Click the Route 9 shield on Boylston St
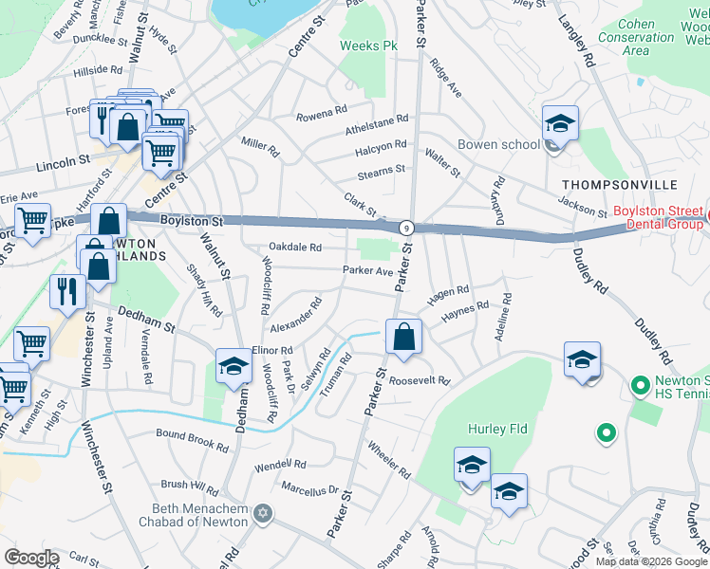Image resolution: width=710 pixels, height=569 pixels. [x=406, y=228]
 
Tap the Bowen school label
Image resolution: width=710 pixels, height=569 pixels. [x=498, y=145]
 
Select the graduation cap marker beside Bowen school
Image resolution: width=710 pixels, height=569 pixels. [x=560, y=125]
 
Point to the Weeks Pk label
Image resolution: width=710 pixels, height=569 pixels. [x=369, y=46]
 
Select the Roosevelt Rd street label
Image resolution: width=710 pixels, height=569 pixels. [x=418, y=380]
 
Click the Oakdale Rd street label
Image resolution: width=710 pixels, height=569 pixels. [x=295, y=248]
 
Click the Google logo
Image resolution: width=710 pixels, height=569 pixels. [x=31, y=558]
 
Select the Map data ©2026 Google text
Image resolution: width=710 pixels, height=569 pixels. [x=651, y=561]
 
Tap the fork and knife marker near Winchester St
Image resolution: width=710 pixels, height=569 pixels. [x=65, y=291]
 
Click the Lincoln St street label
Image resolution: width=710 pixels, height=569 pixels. [x=63, y=163]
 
